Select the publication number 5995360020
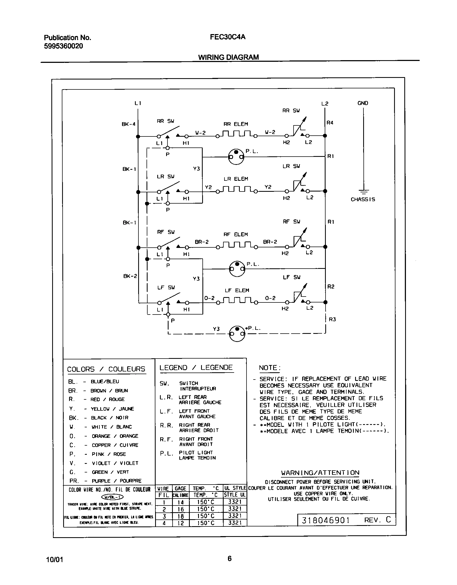63,46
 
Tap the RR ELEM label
236,124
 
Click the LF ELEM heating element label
237,290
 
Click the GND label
363,103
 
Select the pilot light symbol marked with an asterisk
237,334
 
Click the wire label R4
330,123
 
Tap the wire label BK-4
128,124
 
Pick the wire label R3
333,319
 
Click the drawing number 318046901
326,520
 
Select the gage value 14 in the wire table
181,502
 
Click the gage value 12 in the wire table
181,523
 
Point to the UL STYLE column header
235,488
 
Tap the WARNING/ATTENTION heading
320,472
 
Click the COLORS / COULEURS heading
106,369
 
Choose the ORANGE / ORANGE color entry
115,436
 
